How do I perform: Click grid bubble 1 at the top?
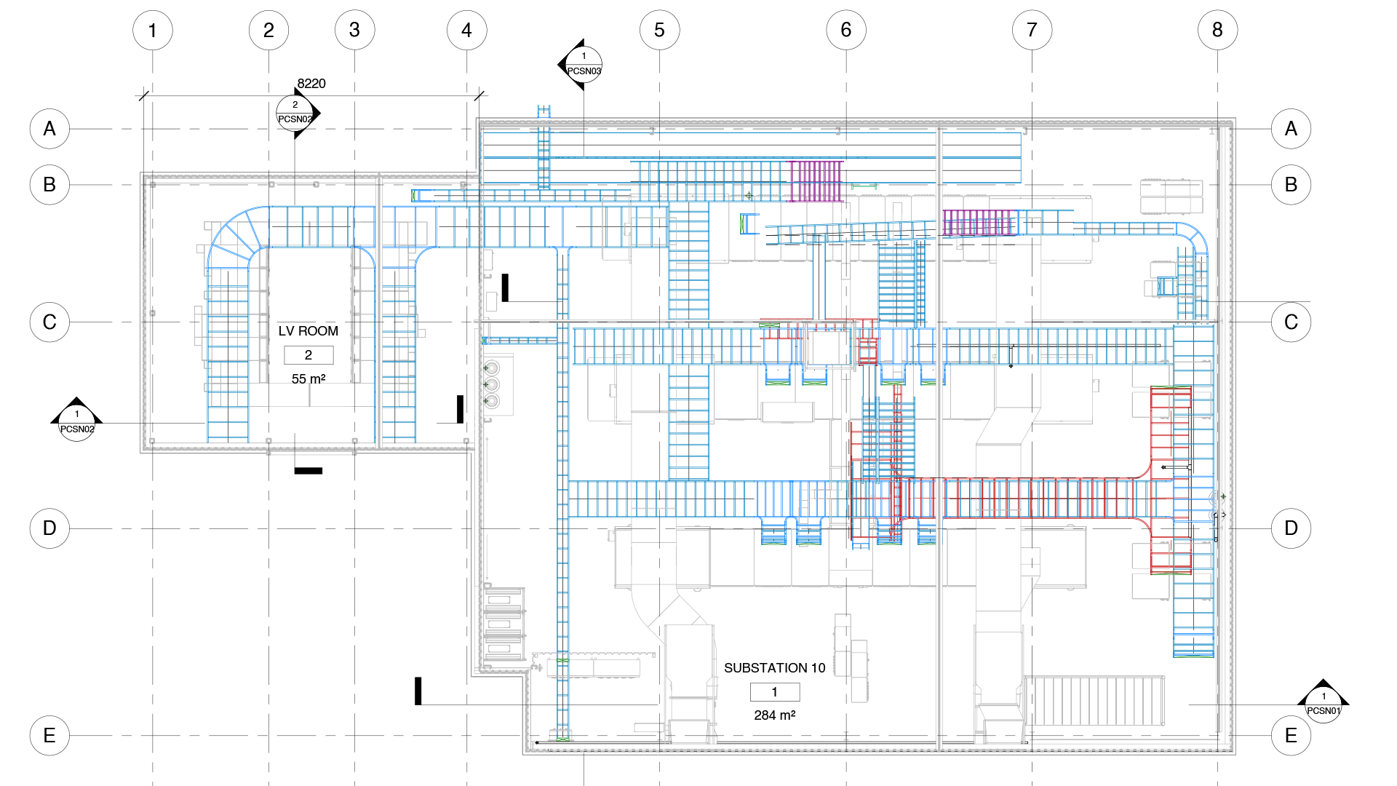[x=153, y=31]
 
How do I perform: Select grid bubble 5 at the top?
[x=659, y=31]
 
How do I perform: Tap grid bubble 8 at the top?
[x=1217, y=31]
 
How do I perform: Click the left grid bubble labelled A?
[x=49, y=129]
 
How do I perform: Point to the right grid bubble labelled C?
[x=1291, y=322]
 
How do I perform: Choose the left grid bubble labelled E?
[x=49, y=735]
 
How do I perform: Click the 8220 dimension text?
[x=311, y=84]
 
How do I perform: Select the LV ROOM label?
[x=309, y=331]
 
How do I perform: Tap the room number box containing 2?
[x=309, y=355]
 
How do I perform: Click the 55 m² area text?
[x=309, y=379]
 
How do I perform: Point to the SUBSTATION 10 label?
[x=774, y=668]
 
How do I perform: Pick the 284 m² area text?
[x=774, y=715]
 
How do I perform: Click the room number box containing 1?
[x=774, y=692]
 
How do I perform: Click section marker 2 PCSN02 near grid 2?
[x=295, y=113]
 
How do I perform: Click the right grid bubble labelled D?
[x=1291, y=528]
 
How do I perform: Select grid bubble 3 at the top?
[x=354, y=31]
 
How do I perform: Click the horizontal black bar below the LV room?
[x=309, y=471]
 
